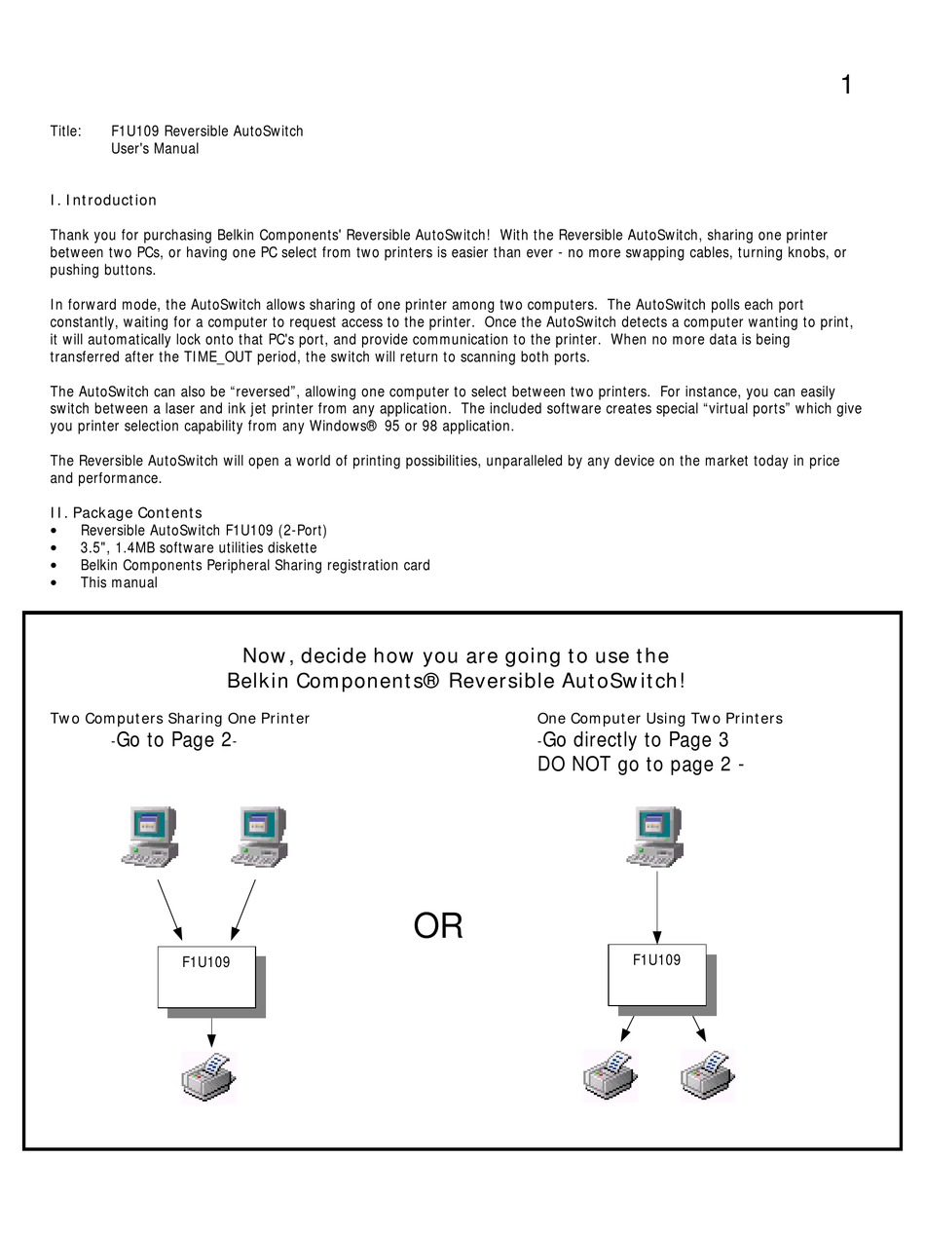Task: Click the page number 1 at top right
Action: click(x=846, y=86)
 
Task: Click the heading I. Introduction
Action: click(x=103, y=201)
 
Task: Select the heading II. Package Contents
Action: click(x=127, y=513)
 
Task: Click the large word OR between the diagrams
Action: click(x=438, y=926)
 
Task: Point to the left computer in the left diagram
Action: click(x=149, y=837)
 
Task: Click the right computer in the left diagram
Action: click(x=259, y=837)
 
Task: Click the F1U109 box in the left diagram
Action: click(x=206, y=977)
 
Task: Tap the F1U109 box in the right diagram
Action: click(x=657, y=974)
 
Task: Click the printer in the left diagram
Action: click(x=208, y=1077)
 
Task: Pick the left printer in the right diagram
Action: click(x=610, y=1076)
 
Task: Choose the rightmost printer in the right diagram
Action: click(x=707, y=1076)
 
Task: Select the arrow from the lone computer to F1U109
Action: click(x=656, y=906)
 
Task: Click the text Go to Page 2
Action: click(x=174, y=740)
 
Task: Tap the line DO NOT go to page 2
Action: click(x=640, y=765)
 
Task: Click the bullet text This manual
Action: click(x=119, y=583)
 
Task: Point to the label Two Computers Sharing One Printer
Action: click(x=180, y=719)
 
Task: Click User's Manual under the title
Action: click(x=155, y=149)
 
